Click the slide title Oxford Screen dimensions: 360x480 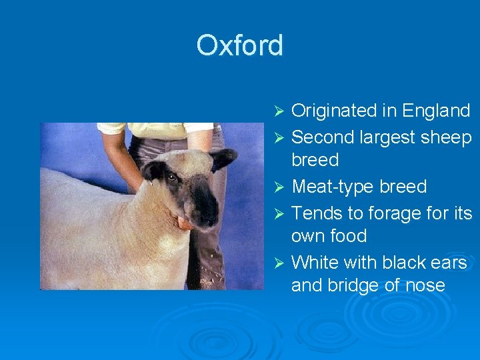click(x=239, y=46)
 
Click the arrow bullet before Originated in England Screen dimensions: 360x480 click(x=280, y=110)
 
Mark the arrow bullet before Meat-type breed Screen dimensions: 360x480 click(x=280, y=187)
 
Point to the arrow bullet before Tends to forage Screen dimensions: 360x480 click(x=280, y=213)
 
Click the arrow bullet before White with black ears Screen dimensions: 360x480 click(x=280, y=263)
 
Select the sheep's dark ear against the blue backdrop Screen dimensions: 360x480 click(x=223, y=159)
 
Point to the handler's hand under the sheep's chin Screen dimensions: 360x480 click(x=184, y=224)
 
